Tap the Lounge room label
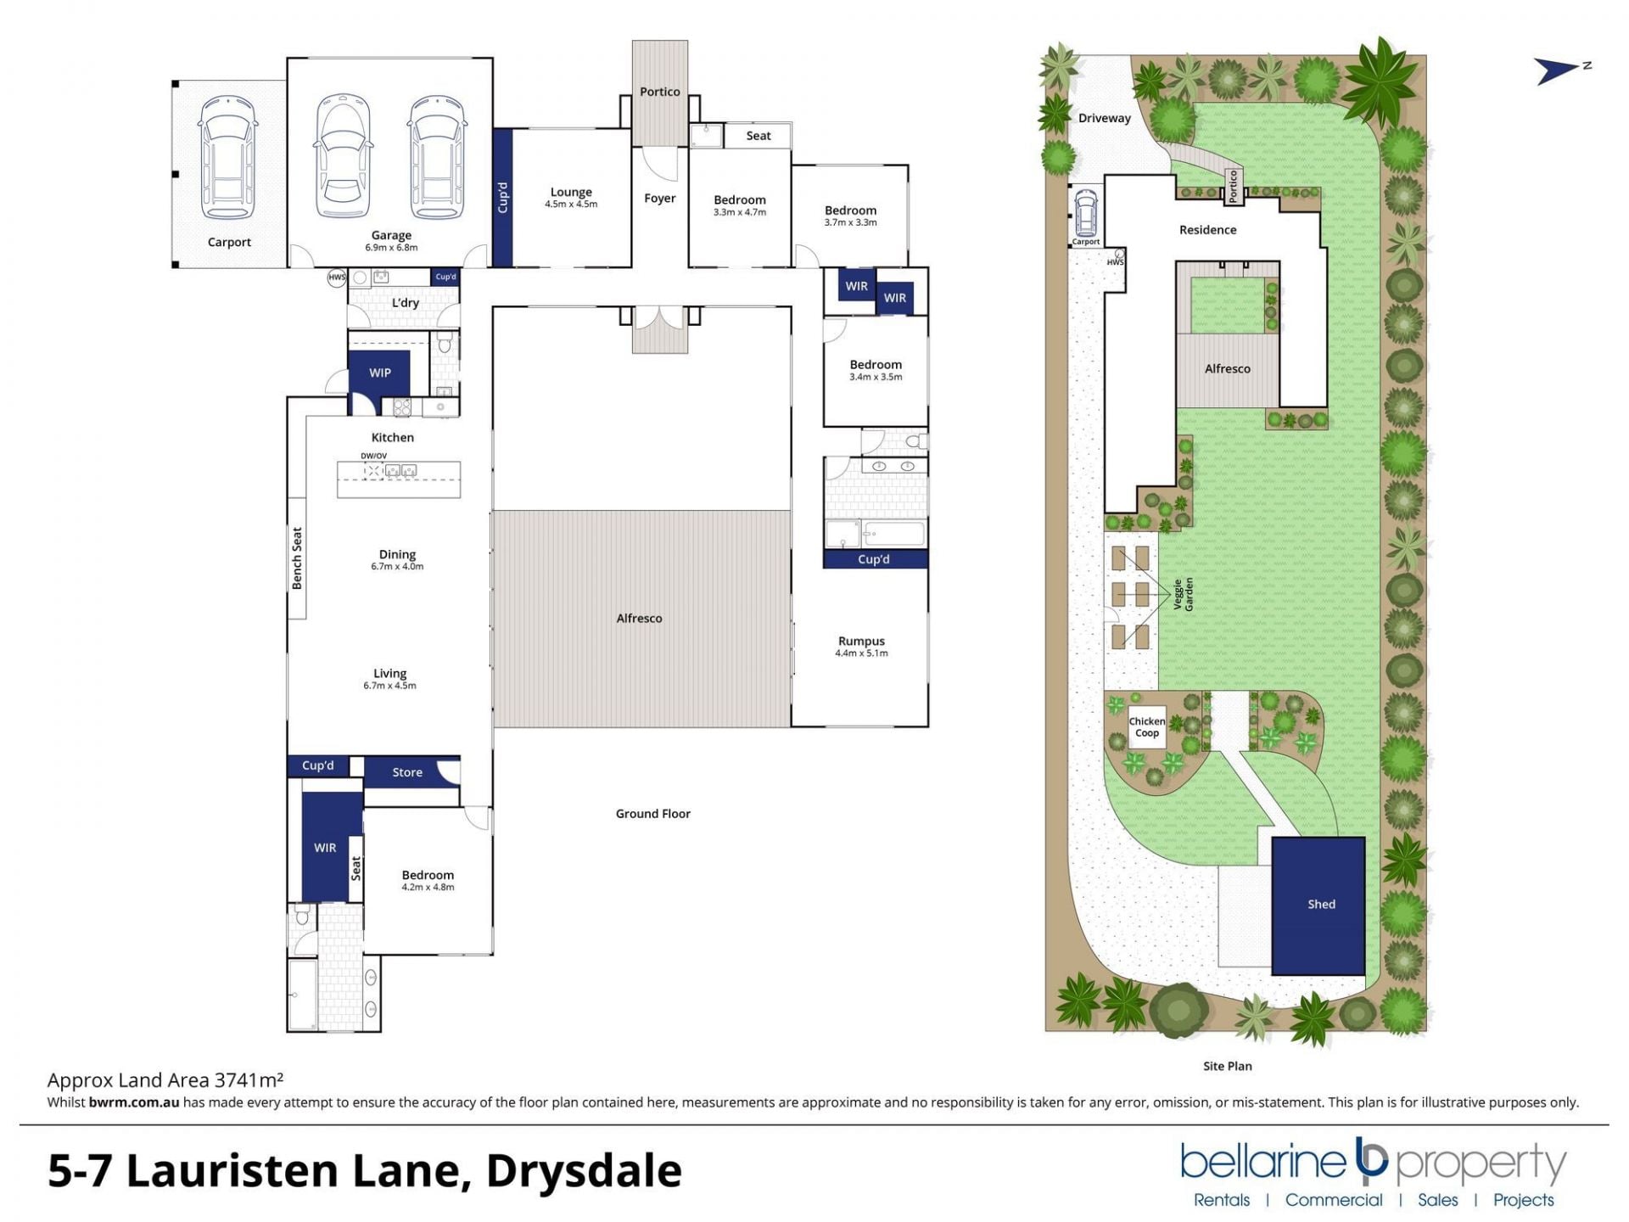pyautogui.click(x=571, y=193)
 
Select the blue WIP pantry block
pyautogui.click(x=379, y=373)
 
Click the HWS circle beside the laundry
pyautogui.click(x=337, y=277)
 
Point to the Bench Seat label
pyautogui.click(x=297, y=558)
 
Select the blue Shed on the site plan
pyautogui.click(x=1318, y=905)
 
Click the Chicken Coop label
pyautogui.click(x=1147, y=727)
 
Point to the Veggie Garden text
pyautogui.click(x=1184, y=594)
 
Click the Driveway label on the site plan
pyautogui.click(x=1105, y=118)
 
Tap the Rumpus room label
pyautogui.click(x=861, y=641)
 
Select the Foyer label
pyautogui.click(x=660, y=199)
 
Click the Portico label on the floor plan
pyautogui.click(x=660, y=92)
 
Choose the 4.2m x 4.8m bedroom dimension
pyautogui.click(x=428, y=888)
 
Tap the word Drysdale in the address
pyautogui.click(x=584, y=1171)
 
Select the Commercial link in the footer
pyautogui.click(x=1334, y=1200)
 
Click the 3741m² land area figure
pyautogui.click(x=249, y=1079)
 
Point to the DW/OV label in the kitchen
pyautogui.click(x=374, y=456)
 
